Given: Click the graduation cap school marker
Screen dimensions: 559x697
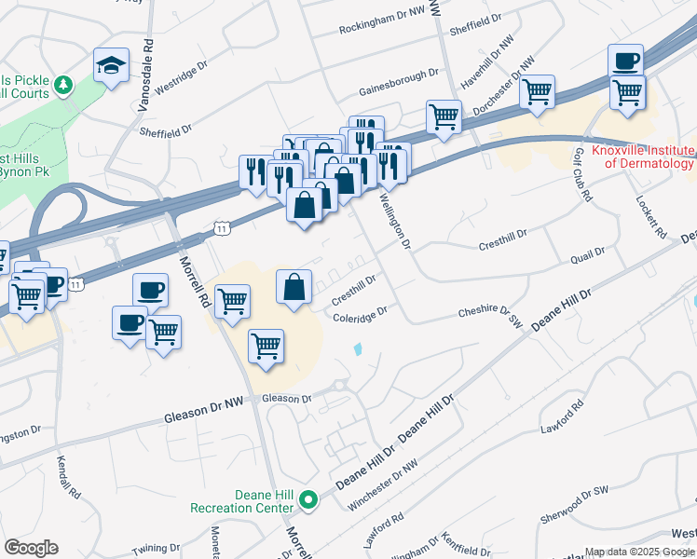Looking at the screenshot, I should coord(111,66).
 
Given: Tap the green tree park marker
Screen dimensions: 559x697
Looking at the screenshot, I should coord(63,87).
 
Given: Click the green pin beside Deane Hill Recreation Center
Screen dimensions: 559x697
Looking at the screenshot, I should coord(310,501).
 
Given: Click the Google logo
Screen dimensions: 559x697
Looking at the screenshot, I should coord(31,548).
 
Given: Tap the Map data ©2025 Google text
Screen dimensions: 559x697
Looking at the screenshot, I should coord(639,552).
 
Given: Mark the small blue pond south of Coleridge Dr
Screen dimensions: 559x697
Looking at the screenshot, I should coord(359,349).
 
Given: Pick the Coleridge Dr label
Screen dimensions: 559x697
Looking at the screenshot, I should coord(360,317).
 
